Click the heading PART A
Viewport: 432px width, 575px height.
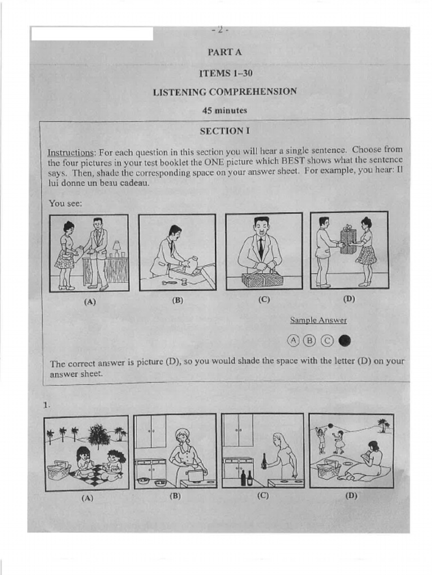tap(224, 52)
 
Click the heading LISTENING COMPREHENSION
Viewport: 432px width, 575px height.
tap(224, 92)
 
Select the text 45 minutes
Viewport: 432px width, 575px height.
tap(224, 111)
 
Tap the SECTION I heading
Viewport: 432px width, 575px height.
tap(224, 131)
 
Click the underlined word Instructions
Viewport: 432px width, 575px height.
tap(70, 152)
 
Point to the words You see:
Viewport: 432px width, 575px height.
tap(65, 203)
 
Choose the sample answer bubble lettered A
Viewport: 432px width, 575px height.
tap(293, 340)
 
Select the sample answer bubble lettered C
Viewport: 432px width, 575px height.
tap(327, 340)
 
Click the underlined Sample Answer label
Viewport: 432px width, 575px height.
tap(318, 321)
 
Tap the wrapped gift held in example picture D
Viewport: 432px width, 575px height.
tap(348, 240)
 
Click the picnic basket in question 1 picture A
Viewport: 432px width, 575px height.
tap(58, 470)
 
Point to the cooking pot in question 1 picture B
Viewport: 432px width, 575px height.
tap(195, 476)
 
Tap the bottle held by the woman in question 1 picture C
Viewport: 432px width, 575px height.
tap(264, 462)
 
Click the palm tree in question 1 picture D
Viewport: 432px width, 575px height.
tap(383, 424)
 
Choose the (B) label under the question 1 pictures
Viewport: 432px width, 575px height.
tap(174, 496)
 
